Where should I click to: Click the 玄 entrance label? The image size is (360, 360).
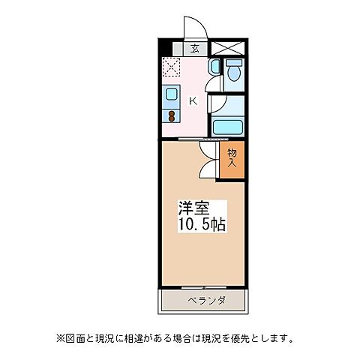click(x=195, y=49)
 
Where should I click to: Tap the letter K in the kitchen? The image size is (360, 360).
click(x=193, y=101)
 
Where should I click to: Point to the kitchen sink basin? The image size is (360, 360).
click(x=172, y=95)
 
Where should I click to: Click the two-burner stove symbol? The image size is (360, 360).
click(x=172, y=116)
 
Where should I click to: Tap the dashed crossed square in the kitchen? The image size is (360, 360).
click(x=172, y=68)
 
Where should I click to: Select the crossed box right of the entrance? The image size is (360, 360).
click(x=226, y=48)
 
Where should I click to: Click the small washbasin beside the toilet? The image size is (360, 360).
click(x=214, y=67)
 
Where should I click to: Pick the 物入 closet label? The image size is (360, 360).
click(x=231, y=157)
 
